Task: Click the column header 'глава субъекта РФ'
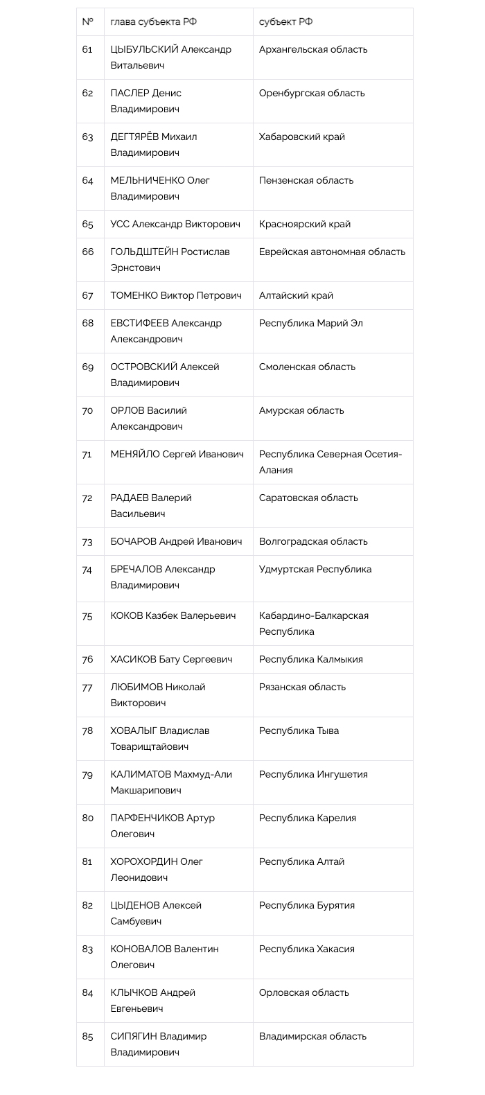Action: coord(153,21)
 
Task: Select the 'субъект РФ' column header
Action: coord(285,21)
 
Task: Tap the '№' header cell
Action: coord(87,21)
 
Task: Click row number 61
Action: coord(87,49)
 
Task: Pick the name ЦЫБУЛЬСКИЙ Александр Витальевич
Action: coord(170,58)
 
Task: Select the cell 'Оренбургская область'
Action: coord(311,93)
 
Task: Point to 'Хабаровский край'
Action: coord(301,137)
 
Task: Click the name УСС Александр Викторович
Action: coord(175,224)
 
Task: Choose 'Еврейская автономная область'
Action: coord(332,252)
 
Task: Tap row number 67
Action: coord(87,295)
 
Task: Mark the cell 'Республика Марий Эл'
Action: coord(310,323)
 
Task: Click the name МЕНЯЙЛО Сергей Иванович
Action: coord(177,454)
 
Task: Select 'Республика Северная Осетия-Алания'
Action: coord(330,462)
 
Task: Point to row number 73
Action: coord(87,541)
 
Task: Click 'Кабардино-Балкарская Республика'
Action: coord(313,623)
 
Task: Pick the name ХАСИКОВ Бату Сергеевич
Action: coord(171,659)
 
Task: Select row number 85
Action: coord(87,1036)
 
